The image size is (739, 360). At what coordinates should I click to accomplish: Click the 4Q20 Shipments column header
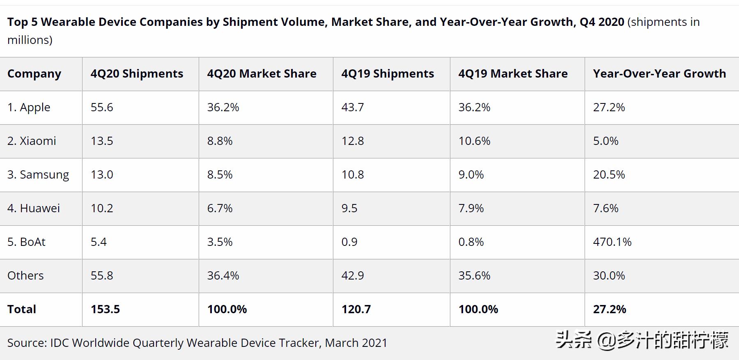click(137, 74)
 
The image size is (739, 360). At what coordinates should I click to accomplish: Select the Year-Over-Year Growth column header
click(659, 74)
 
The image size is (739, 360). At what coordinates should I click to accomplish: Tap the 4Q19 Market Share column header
click(513, 74)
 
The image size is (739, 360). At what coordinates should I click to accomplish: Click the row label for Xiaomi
click(32, 141)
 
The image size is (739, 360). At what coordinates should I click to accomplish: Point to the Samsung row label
click(38, 175)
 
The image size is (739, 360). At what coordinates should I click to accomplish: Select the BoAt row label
click(26, 242)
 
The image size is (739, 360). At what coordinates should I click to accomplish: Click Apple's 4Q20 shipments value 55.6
click(102, 108)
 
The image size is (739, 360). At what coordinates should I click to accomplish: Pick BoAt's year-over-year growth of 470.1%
click(612, 242)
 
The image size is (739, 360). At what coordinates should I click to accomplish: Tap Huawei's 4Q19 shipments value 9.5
click(349, 208)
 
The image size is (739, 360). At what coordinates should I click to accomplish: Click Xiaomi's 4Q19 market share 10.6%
click(474, 141)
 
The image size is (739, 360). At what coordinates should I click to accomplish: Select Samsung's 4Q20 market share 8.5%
click(220, 174)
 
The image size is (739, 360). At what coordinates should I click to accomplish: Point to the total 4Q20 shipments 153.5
click(105, 309)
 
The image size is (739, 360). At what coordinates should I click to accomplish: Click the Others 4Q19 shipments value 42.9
click(353, 275)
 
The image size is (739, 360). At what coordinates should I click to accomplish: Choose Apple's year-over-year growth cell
click(609, 108)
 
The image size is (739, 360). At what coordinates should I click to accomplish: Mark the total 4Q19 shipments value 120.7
click(356, 309)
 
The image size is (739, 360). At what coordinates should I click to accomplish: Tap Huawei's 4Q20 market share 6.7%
click(220, 208)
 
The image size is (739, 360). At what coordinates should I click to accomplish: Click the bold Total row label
click(22, 309)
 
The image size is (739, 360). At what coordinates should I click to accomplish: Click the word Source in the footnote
click(26, 343)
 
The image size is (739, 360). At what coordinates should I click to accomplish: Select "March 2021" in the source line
click(356, 343)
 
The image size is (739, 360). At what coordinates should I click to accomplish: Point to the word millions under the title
click(28, 40)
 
